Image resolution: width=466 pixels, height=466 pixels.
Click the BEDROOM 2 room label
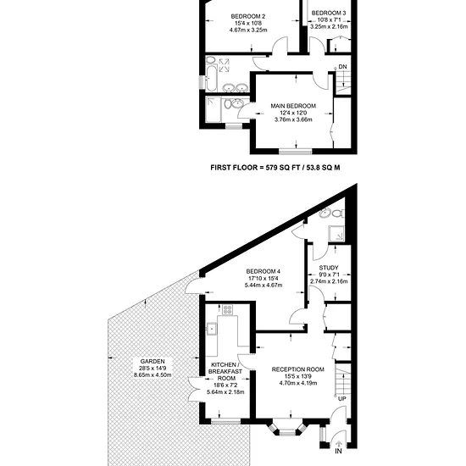(248, 16)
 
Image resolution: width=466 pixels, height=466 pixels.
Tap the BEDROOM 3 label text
(329, 13)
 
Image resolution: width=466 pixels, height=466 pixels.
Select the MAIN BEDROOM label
(293, 106)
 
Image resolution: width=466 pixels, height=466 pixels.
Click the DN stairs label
(342, 67)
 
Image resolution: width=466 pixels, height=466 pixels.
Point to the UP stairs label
(342, 399)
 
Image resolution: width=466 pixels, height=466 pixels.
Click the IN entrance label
(339, 451)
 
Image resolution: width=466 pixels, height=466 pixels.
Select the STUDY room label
(329, 268)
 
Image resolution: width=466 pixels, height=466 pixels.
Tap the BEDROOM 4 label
(263, 271)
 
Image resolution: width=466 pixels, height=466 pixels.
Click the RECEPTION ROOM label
(297, 369)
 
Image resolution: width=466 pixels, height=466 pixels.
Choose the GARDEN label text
(153, 362)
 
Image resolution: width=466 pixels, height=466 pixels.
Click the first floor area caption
(275, 168)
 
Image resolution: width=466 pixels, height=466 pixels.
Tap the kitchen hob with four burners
(228, 309)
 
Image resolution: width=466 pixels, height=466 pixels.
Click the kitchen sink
(212, 329)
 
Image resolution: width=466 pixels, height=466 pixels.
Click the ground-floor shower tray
(336, 234)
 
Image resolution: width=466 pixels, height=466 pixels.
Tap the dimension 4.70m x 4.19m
(298, 383)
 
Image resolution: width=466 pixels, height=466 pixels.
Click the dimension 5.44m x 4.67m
(264, 286)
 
